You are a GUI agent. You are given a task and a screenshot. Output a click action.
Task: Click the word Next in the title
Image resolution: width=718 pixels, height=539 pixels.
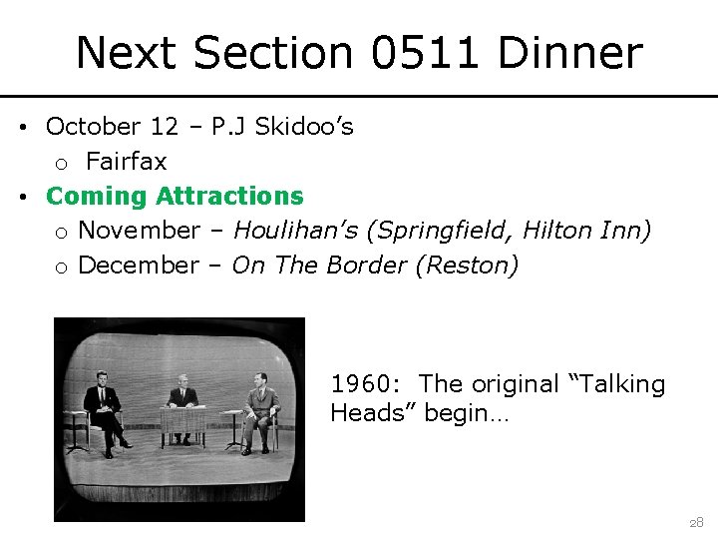[x=130, y=53]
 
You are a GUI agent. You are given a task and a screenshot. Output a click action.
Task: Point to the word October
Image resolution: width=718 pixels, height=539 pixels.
[x=94, y=127]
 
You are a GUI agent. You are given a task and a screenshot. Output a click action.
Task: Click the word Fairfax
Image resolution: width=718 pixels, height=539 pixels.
[x=127, y=161]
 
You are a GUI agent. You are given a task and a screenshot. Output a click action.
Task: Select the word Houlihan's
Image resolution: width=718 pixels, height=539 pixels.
[x=296, y=231]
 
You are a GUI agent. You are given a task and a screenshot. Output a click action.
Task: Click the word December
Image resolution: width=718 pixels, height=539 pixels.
[x=139, y=266]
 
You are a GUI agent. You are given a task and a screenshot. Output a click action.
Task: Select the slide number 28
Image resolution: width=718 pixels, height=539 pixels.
[x=695, y=522]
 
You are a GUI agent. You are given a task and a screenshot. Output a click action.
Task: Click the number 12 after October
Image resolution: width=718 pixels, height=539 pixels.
[x=165, y=127]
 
